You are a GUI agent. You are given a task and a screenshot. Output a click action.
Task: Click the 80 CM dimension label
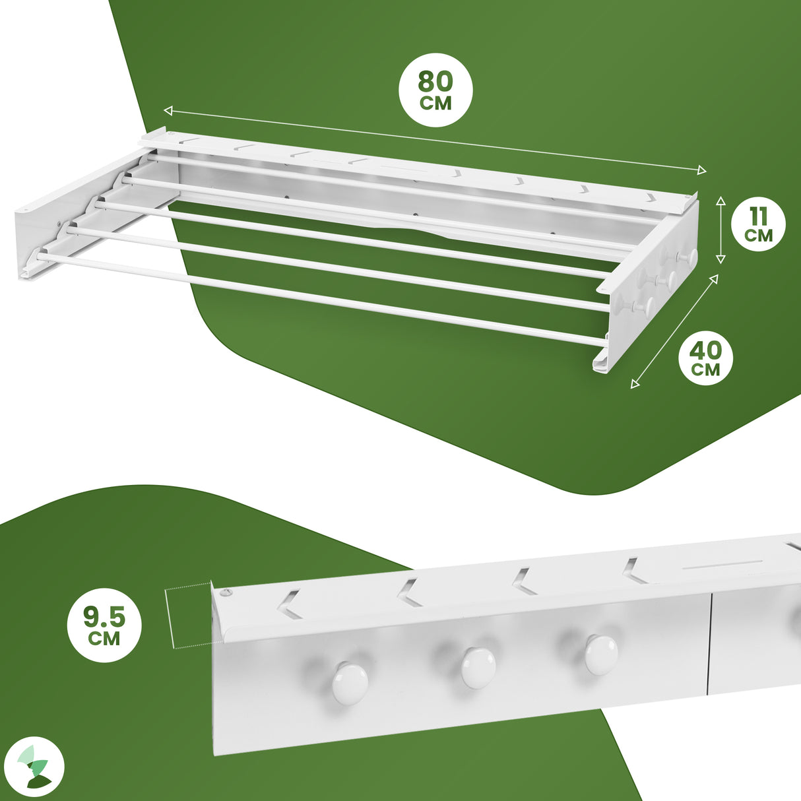435,89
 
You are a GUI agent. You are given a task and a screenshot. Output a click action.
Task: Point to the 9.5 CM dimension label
104,625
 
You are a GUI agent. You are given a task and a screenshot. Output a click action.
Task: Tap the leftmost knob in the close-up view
350,682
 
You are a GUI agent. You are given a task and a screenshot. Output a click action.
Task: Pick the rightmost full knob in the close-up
601,655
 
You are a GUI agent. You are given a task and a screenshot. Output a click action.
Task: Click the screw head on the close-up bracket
226,593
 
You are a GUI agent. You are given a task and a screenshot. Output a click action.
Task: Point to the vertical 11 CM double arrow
721,229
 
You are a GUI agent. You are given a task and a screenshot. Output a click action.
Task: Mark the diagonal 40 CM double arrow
675,331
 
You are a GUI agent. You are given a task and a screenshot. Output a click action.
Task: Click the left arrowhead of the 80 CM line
168,110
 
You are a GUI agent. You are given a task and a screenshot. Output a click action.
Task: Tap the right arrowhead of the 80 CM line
702,170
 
